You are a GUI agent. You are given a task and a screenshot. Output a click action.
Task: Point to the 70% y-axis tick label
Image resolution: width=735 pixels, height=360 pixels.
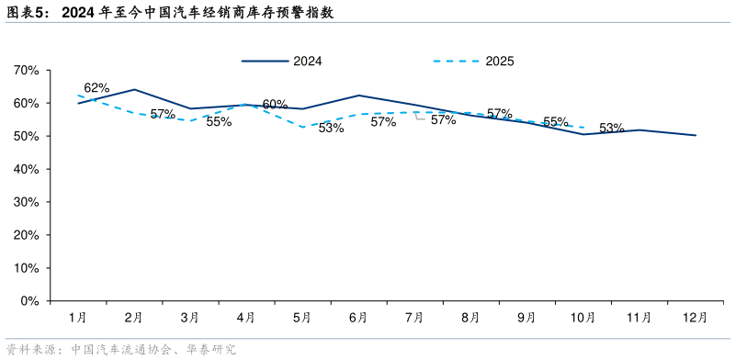click(x=26, y=71)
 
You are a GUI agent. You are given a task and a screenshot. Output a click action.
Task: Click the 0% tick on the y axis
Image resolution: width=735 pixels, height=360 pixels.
click(x=29, y=300)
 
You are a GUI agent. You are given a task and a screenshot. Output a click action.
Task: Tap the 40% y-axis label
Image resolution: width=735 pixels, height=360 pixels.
click(x=26, y=169)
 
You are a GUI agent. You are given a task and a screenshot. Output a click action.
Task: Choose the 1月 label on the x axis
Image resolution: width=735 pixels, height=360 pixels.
click(x=78, y=317)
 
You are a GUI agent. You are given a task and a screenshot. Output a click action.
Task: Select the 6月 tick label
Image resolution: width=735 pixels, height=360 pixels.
click(x=358, y=317)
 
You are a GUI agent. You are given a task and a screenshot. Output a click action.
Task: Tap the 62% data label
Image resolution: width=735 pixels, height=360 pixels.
click(x=96, y=88)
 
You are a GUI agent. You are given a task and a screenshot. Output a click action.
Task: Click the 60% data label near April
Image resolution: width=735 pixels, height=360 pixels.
click(x=275, y=105)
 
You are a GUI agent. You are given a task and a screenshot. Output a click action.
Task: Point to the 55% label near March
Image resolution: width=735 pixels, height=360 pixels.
click(x=219, y=121)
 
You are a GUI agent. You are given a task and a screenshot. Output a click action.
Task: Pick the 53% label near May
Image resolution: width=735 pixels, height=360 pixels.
click(x=331, y=128)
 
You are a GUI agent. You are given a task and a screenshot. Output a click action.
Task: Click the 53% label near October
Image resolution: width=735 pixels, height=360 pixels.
click(x=612, y=129)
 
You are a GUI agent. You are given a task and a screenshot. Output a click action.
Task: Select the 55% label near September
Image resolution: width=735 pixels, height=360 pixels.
click(x=555, y=121)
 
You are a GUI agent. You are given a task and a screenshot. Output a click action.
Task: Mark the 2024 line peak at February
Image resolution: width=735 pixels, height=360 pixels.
click(x=135, y=89)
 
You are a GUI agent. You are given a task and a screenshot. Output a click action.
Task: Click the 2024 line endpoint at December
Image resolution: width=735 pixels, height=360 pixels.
click(x=695, y=135)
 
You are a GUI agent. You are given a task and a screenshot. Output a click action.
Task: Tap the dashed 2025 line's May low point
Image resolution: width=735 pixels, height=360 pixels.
click(x=302, y=127)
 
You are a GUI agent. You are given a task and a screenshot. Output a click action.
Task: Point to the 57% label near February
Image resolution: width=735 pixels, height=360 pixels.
click(x=163, y=114)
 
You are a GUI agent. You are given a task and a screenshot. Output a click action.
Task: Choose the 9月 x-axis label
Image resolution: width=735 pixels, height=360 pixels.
click(x=526, y=317)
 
